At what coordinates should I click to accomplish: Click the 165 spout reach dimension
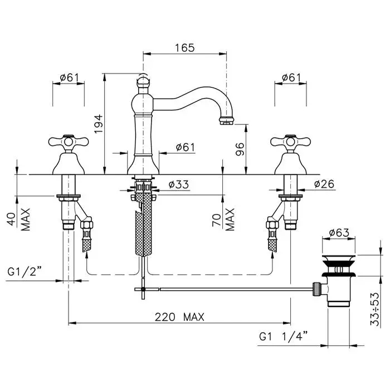click(184, 48)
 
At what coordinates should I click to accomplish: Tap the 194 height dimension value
click(97, 124)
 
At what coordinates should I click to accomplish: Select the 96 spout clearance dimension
click(240, 149)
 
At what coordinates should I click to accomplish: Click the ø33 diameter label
click(178, 184)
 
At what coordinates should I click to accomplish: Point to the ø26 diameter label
click(324, 184)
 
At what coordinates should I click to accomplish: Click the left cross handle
click(68, 143)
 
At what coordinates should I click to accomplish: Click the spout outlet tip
click(226, 120)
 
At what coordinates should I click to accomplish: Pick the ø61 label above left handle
click(69, 77)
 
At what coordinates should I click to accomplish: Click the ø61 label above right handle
click(291, 77)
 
